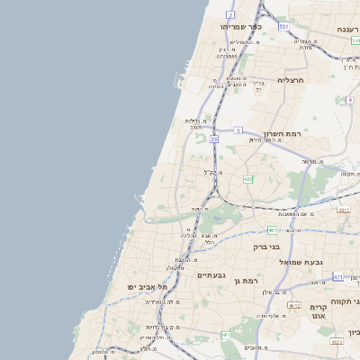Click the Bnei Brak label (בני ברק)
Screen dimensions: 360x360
(x=265, y=247)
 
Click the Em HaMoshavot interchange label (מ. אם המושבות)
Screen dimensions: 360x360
(x=297, y=213)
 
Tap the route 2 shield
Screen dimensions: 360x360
(x=230, y=15)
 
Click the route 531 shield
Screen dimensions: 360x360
(x=283, y=27)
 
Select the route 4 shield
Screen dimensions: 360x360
(x=349, y=100)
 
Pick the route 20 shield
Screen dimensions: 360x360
(x=214, y=139)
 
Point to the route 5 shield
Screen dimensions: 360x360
(x=238, y=131)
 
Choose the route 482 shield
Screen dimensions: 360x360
(x=248, y=179)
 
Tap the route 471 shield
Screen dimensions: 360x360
(x=337, y=277)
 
